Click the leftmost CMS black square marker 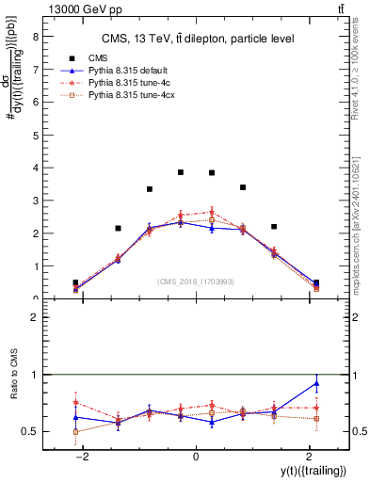[75, 282]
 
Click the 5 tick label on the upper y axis [36, 135]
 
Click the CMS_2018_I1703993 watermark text [196, 281]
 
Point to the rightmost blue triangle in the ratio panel [316, 383]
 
